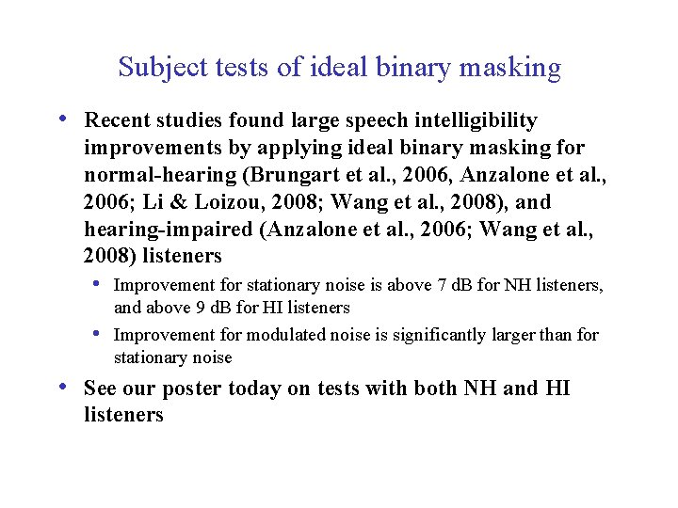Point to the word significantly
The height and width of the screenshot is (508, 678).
[x=424, y=335]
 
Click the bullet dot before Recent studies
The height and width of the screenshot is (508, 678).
[x=62, y=120]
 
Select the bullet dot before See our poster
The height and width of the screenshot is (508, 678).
[x=62, y=388]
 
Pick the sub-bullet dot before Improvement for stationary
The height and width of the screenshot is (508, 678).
[x=97, y=284]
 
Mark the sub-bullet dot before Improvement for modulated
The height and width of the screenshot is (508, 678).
[x=97, y=334]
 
